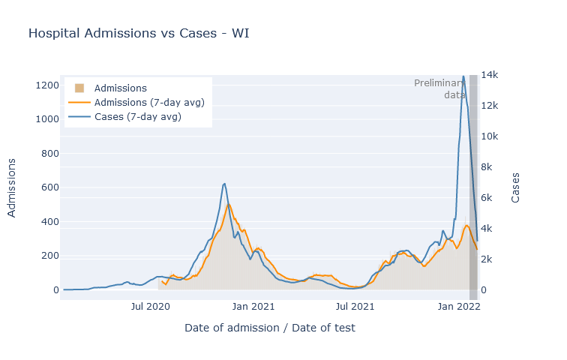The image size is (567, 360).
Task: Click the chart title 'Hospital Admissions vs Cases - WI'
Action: [x=139, y=33]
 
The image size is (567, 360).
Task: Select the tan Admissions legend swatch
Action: [x=79, y=88]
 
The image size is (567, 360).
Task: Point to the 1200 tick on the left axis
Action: [x=47, y=85]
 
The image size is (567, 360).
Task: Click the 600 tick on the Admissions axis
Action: [x=50, y=187]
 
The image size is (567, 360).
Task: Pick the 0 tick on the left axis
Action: [x=56, y=290]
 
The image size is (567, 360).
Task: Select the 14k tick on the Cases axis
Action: [x=490, y=75]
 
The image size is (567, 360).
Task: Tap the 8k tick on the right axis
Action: [x=487, y=167]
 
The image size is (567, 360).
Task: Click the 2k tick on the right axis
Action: [x=487, y=259]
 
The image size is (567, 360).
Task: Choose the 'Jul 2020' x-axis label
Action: [x=151, y=307]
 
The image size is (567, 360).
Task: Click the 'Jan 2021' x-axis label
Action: [x=253, y=307]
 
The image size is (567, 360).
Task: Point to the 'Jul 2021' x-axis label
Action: [x=355, y=307]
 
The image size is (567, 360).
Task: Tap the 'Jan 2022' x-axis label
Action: [x=459, y=307]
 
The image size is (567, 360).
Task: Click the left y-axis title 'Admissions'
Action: [x=11, y=188]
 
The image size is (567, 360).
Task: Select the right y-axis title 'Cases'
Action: [x=515, y=187]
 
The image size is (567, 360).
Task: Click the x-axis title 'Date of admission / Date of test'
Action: [x=270, y=328]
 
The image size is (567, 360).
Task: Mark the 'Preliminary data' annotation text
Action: [x=439, y=89]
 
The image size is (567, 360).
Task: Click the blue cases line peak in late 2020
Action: [x=224, y=184]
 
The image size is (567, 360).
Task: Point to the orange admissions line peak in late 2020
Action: [x=228, y=205]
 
